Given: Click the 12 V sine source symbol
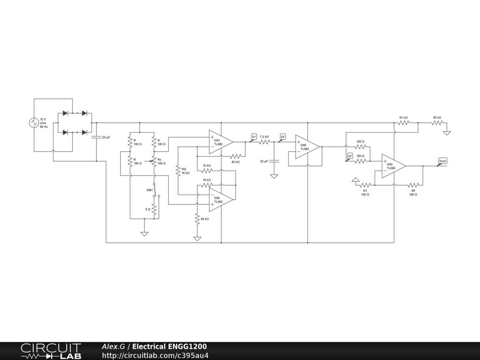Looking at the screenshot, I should tap(34, 123).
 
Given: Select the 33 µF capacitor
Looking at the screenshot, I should tap(97, 137).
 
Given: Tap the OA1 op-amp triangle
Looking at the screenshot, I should tap(220, 142).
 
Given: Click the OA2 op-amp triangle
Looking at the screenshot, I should tap(220, 200).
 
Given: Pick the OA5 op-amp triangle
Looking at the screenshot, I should tap(307, 147).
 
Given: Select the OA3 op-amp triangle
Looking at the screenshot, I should tap(393, 166).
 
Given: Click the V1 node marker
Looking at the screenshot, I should tap(254, 137).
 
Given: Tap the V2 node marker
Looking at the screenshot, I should tap(282, 137).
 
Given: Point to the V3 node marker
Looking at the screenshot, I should tap(350, 156).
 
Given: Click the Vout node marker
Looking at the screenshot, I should tap(442, 161).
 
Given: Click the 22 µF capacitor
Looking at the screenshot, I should tap(274, 161).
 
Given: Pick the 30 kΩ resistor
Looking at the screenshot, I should tap(437, 123).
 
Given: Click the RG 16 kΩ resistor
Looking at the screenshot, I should tap(178, 171).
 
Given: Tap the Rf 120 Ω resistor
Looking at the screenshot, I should tap(413, 185).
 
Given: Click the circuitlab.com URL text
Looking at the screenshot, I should tap(155, 355).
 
